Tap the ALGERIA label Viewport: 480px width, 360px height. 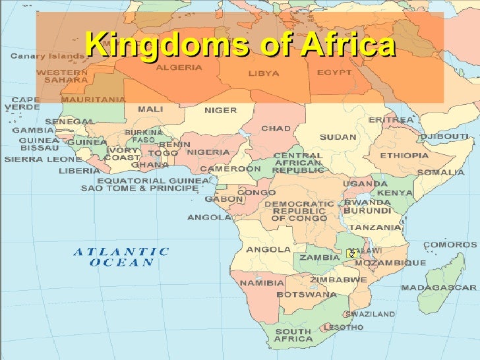click(x=179, y=67)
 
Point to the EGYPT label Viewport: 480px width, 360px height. click(x=334, y=72)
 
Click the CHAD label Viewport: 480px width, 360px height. click(x=276, y=128)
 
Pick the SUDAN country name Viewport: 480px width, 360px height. click(x=338, y=137)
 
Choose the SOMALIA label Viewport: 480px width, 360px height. click(x=440, y=172)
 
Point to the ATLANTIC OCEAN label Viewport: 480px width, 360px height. click(x=121, y=256)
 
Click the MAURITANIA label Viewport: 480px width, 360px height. click(x=93, y=100)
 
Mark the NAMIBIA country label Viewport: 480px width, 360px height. click(x=262, y=283)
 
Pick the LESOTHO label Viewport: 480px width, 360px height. click(x=344, y=327)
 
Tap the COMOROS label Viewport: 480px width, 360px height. click(x=445, y=245)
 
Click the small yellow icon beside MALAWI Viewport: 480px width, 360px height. click(x=352, y=253)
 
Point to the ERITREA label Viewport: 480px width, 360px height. click(x=391, y=119)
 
